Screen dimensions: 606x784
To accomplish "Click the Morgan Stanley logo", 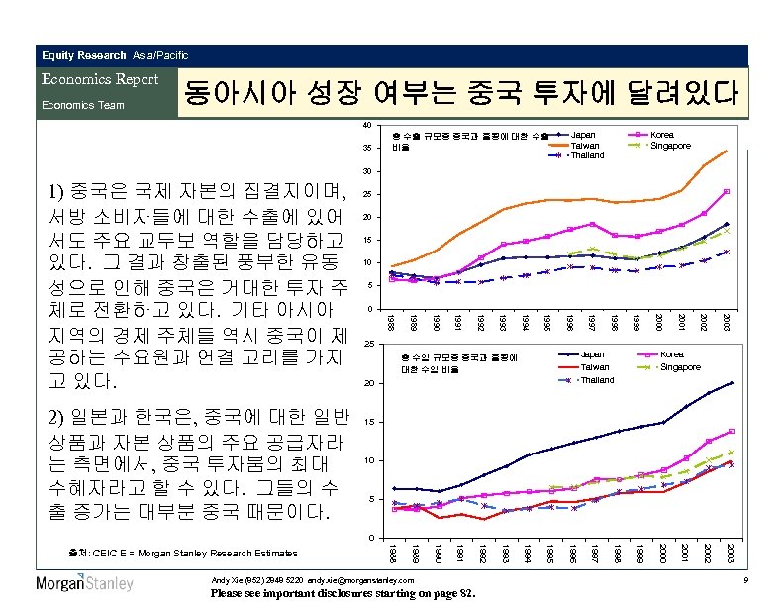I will [84, 583].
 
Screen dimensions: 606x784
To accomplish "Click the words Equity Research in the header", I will [84, 55].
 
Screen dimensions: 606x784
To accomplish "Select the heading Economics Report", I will [100, 79].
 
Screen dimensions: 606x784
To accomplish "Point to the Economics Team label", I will [82, 104].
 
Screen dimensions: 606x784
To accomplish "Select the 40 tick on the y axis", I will [367, 125].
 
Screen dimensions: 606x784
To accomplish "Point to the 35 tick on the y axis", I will [367, 149].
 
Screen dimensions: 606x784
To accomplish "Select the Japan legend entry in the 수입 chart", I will [592, 354].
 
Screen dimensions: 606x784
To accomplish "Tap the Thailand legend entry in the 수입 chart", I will [597, 380].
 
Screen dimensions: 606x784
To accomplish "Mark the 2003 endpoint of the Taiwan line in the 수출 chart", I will [727, 151].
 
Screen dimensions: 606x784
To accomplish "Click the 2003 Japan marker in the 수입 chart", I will [731, 382].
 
